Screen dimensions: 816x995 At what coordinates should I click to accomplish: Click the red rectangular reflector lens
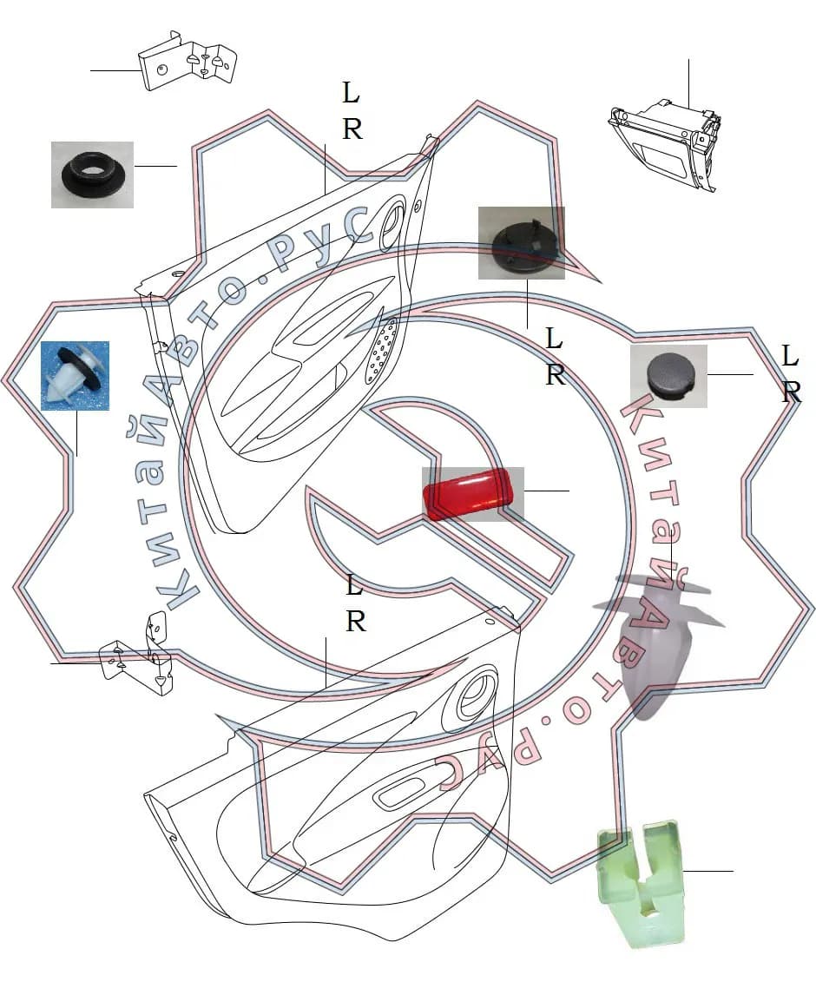pyautogui.click(x=468, y=494)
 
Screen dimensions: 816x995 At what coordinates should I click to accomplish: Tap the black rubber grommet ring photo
pyautogui.click(x=92, y=174)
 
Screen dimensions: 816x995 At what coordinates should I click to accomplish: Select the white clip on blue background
pyautogui.click(x=75, y=376)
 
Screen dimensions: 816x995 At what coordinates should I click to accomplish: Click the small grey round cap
pyautogui.click(x=667, y=374)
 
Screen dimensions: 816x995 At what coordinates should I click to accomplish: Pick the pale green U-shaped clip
pyautogui.click(x=642, y=882)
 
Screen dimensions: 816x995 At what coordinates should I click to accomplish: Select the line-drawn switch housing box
pyautogui.click(x=665, y=143)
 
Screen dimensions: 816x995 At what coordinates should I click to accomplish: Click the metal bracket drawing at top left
pyautogui.click(x=188, y=62)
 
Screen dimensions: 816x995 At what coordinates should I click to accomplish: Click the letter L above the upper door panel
pyautogui.click(x=351, y=93)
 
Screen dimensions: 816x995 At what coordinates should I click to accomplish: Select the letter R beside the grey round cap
pyautogui.click(x=791, y=393)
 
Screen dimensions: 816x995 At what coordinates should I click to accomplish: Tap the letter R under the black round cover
pyautogui.click(x=556, y=375)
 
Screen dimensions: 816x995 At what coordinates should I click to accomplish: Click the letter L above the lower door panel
pyautogui.click(x=355, y=585)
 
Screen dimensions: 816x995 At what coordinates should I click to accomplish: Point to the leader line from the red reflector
pyautogui.click(x=546, y=491)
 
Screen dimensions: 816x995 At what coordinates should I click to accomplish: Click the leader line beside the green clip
pyautogui.click(x=708, y=871)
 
